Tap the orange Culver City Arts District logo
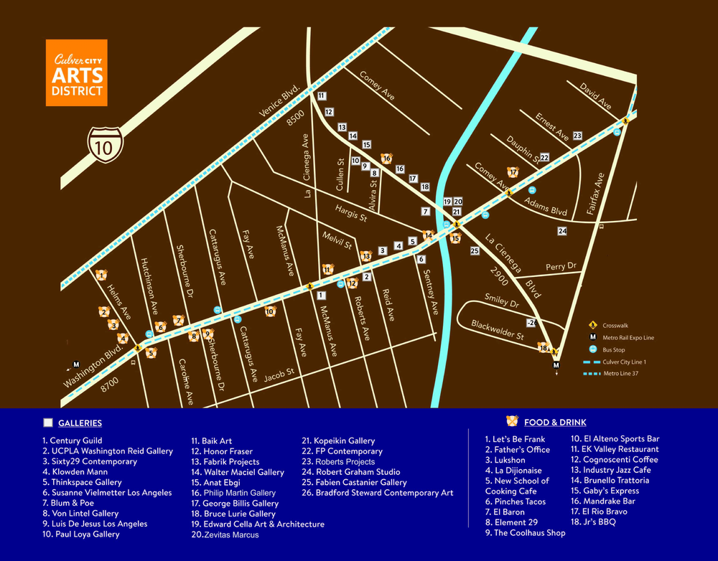77,72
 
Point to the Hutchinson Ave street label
149,287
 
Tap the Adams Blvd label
546,208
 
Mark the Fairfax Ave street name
597,194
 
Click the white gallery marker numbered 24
562,231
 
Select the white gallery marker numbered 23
577,136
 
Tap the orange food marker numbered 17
513,172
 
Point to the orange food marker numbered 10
270,311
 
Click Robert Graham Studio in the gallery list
355,472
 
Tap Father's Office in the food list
517,450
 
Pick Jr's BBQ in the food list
593,522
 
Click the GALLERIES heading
80,423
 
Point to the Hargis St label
351,213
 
